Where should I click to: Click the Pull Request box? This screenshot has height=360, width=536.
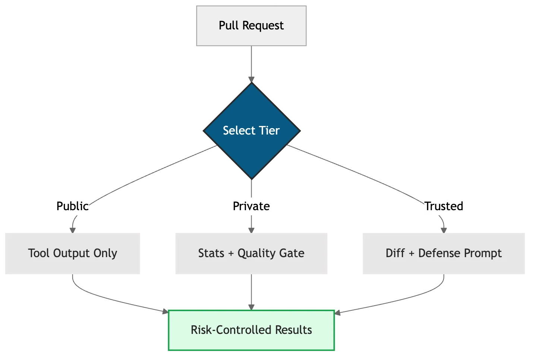[250, 25]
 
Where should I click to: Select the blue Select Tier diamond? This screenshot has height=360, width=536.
[252, 130]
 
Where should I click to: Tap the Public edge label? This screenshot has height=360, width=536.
[72, 206]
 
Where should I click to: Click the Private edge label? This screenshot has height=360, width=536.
[252, 206]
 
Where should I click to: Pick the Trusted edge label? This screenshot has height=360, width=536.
[444, 206]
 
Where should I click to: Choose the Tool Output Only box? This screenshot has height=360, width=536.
[72, 253]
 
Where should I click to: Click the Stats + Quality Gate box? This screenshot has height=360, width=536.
[250, 253]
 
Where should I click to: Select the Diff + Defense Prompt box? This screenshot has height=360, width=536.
[444, 253]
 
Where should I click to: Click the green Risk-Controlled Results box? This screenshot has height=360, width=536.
[252, 330]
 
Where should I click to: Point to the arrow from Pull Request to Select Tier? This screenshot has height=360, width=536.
[252, 61]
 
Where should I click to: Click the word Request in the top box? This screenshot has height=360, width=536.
[263, 26]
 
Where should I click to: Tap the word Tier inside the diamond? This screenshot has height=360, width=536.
[269, 131]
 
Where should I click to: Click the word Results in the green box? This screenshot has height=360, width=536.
[293, 330]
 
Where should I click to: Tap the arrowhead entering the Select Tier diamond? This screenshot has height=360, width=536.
[252, 79]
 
